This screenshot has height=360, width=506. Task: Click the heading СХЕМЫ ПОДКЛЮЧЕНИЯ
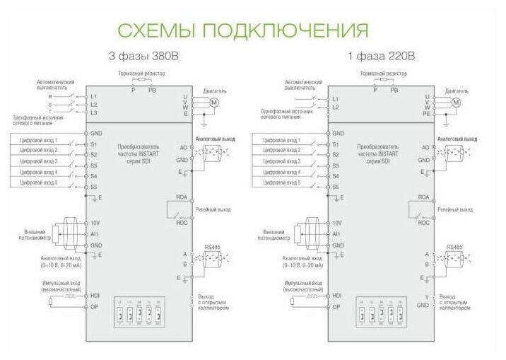coord(242,30)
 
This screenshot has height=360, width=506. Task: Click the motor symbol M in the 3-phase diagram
coord(216,103)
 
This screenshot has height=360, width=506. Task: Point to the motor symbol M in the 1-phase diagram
coord(456,103)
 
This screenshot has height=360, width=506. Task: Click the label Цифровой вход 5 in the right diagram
coord(281,183)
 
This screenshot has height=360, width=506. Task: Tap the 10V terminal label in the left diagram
coord(95,222)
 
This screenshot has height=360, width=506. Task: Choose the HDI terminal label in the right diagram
coord(336,295)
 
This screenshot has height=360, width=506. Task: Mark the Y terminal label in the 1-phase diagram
coord(426,296)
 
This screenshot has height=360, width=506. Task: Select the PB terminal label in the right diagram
coord(394,91)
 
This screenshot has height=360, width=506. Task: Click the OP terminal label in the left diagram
coord(95,306)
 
